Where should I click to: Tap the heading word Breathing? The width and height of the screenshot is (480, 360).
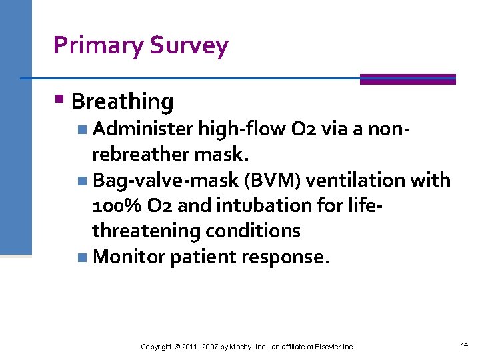click(x=122, y=101)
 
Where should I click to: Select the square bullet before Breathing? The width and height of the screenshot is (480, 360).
click(x=59, y=101)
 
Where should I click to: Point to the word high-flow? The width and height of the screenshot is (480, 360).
click(x=228, y=129)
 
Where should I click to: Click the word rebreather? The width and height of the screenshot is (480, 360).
click(x=143, y=155)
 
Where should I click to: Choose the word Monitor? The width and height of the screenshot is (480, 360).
click(x=129, y=257)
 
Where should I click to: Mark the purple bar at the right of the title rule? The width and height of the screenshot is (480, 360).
click(x=407, y=79)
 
